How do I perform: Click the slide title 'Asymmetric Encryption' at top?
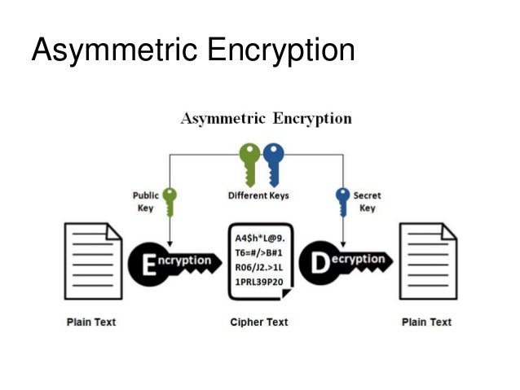click(192, 50)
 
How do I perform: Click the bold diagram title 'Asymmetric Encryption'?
click(266, 119)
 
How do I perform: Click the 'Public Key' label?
click(145, 201)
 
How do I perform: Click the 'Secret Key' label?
click(368, 201)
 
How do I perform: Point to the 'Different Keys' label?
click(258, 195)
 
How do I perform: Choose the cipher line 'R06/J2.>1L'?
click(261, 267)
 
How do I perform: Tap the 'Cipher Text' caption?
click(259, 322)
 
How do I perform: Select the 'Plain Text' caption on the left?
click(91, 322)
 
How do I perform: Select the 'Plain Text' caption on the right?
click(426, 322)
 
